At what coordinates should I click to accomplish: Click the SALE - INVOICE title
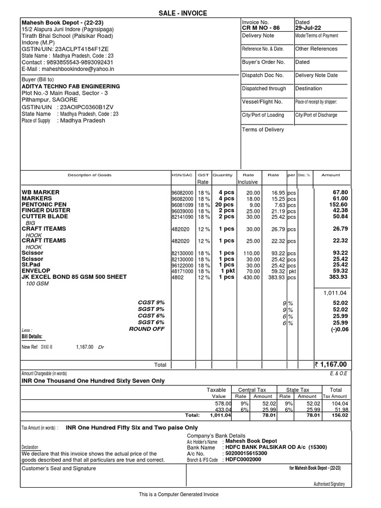pyautogui.click(x=190, y=13)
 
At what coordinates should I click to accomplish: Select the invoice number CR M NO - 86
pyautogui.click(x=260, y=28)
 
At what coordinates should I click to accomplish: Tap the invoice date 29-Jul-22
pyautogui.click(x=309, y=28)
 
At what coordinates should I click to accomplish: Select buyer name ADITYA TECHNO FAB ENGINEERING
pyautogui.click(x=70, y=86)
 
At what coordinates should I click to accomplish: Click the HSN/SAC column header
pyautogui.click(x=181, y=175)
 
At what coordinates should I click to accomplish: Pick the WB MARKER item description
pyautogui.click(x=41, y=192)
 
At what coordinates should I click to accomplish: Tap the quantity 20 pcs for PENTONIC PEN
pyautogui.click(x=223, y=204)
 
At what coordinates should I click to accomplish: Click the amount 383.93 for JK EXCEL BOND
pyautogui.click(x=337, y=277)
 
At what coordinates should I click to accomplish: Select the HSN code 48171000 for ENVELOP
pyautogui.click(x=182, y=271)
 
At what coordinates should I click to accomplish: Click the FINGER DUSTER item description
pyautogui.click(x=46, y=210)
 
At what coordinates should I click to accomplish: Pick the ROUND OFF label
pyautogui.click(x=146, y=329)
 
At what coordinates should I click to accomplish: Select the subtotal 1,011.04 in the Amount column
pyautogui.click(x=336, y=293)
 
